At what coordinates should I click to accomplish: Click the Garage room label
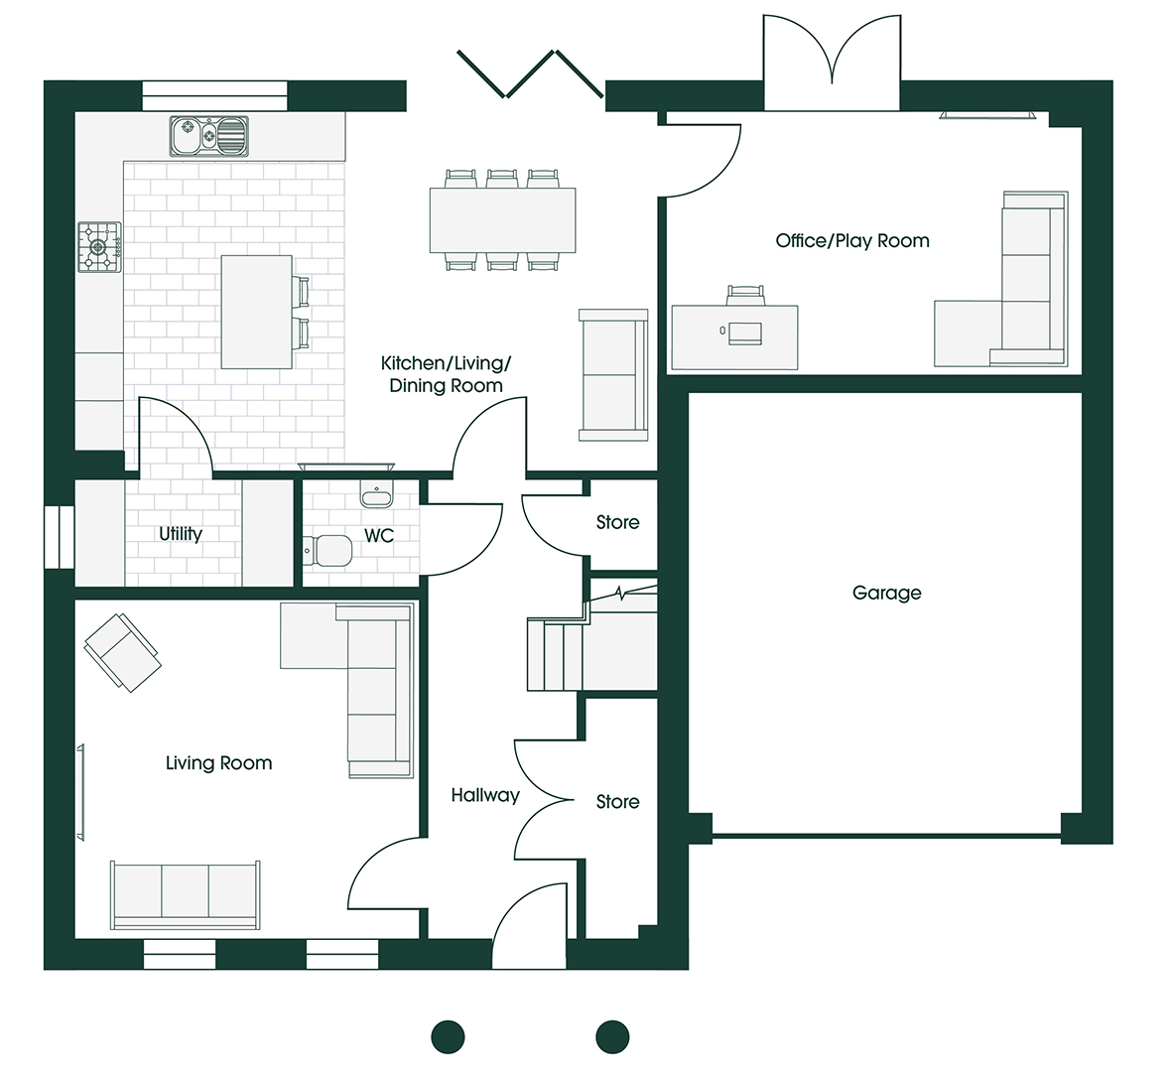[x=886, y=594]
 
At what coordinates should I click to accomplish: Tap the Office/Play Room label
[x=852, y=240]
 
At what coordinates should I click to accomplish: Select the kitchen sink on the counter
[x=208, y=136]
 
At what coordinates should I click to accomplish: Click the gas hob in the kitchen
[x=99, y=246]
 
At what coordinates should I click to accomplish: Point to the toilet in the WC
[x=327, y=551]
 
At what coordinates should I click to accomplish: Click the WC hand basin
[x=376, y=493]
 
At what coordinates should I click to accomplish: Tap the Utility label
[x=180, y=534]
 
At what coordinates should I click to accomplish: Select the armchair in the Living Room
[x=122, y=653]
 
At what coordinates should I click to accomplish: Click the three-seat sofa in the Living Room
[x=186, y=895]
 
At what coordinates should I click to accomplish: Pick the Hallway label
[x=484, y=796]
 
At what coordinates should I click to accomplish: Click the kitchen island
[x=256, y=312]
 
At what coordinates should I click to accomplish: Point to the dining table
[x=502, y=220]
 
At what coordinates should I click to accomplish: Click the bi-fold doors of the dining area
[x=530, y=74]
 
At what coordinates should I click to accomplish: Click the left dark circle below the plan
[x=449, y=1037]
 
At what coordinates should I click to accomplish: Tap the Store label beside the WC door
[x=617, y=522]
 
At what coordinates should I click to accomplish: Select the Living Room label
[x=218, y=763]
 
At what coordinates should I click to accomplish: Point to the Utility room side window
[x=59, y=537]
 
